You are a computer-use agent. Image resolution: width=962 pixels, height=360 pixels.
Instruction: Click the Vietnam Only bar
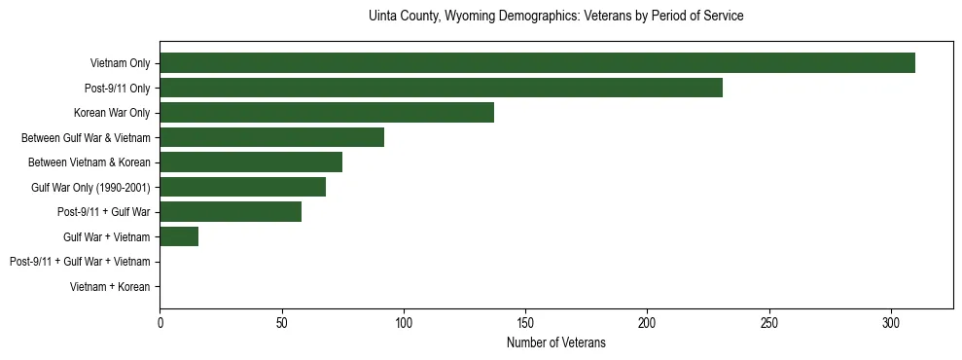coord(537,63)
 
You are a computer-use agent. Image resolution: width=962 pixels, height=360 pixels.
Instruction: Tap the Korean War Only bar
coord(327,113)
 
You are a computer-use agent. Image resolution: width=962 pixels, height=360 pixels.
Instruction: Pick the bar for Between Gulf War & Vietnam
coord(271,137)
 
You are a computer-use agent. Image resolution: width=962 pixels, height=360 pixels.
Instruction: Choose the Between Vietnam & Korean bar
coord(251,162)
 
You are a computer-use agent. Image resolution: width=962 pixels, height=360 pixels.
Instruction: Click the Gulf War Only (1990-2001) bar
coord(242,187)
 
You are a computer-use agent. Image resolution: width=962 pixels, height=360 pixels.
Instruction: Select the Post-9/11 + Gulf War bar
coord(231,212)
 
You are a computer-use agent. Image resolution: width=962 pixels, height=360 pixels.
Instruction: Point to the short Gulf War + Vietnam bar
coord(179,236)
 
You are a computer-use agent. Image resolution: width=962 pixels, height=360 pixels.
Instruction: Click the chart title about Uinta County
coord(556,17)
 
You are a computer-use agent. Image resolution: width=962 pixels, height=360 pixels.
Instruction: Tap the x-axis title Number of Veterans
coord(556,342)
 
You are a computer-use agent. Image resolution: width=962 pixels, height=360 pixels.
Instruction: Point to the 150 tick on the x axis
coord(525,322)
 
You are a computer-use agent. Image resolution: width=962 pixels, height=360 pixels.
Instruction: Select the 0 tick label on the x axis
coord(160,322)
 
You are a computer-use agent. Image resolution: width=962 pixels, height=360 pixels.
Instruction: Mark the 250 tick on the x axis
coord(769,322)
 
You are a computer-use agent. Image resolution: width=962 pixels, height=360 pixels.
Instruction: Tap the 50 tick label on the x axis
coord(281,322)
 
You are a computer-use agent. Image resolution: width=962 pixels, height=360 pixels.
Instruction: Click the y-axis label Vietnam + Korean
coord(110,287)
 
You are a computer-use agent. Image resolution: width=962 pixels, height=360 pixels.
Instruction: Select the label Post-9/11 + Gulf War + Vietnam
coord(80,262)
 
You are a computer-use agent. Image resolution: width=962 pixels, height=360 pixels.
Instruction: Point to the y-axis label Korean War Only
coord(112,113)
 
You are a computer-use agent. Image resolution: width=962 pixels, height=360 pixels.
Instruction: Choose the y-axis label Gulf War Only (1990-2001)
coord(90,187)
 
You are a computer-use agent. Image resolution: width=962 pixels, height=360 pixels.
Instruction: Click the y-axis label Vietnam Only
coord(120,63)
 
